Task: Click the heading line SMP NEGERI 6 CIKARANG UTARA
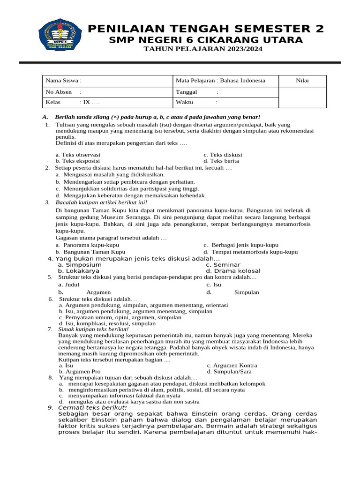[206, 40]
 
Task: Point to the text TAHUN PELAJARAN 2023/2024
[203, 49]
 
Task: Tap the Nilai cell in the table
[302, 81]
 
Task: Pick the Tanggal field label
[187, 92]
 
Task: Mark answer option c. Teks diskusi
[223, 154]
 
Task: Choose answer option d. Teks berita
[222, 161]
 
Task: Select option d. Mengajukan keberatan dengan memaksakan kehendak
[130, 195]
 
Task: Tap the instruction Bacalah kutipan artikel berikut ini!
[101, 202]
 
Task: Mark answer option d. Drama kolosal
[233, 271]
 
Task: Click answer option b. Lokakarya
[78, 271]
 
